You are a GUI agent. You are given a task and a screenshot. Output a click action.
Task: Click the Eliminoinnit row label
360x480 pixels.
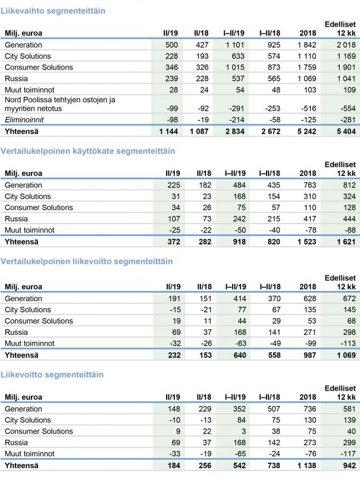tap(20, 119)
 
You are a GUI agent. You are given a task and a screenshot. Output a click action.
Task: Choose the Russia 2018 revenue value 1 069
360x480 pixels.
tap(307, 78)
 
